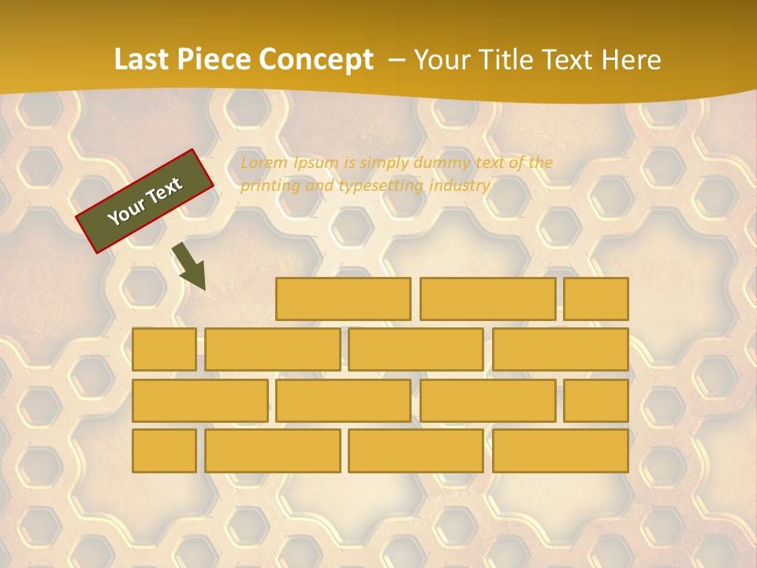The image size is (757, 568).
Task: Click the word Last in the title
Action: (x=142, y=59)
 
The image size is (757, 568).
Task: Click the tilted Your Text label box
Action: (x=145, y=201)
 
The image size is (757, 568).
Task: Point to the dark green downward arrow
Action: (x=190, y=266)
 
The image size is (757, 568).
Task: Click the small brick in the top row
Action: (x=595, y=299)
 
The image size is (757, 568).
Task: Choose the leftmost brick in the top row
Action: (x=343, y=299)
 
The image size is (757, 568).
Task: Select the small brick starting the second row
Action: (x=164, y=349)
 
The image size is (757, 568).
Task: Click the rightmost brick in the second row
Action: (x=560, y=349)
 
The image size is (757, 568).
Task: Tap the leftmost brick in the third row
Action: (x=200, y=400)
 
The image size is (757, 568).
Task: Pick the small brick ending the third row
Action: (x=595, y=400)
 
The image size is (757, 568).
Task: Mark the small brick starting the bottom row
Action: (x=164, y=450)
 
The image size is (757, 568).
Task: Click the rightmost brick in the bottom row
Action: (x=560, y=450)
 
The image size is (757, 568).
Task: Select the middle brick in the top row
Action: (x=487, y=299)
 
